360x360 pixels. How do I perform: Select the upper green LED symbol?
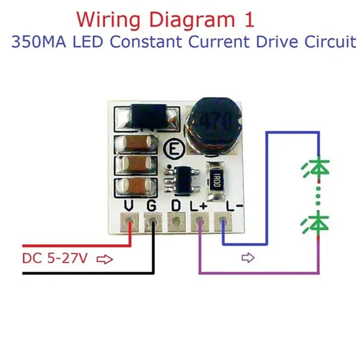tap(317, 167)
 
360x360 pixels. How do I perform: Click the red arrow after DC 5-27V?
tap(105, 260)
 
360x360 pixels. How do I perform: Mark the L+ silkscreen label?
tap(198, 206)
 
